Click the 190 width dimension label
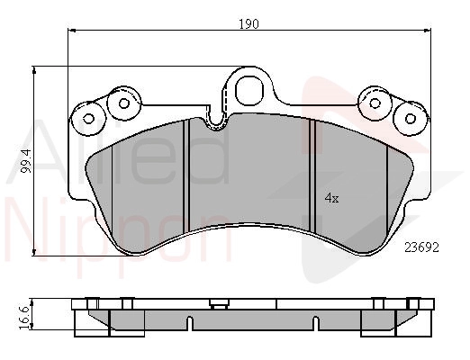click(249, 24)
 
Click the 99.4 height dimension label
click(27, 161)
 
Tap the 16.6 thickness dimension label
click(24, 318)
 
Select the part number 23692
click(421, 247)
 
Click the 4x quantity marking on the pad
click(332, 198)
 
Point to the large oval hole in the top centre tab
click(249, 90)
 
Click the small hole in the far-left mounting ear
click(88, 119)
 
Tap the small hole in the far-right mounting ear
click(411, 119)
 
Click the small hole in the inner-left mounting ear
click(123, 103)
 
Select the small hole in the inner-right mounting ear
click(375, 103)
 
